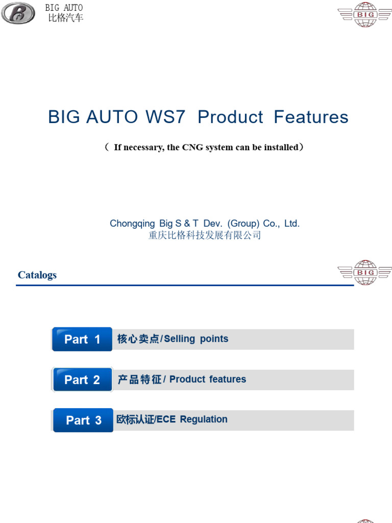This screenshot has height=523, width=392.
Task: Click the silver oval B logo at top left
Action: [18, 12]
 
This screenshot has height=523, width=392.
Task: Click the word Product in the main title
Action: [230, 117]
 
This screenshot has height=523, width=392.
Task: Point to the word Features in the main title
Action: [311, 117]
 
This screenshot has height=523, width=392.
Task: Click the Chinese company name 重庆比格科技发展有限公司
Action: [205, 235]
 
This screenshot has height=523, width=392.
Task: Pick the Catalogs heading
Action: [37, 275]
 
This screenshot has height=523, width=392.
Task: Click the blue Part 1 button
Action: [82, 339]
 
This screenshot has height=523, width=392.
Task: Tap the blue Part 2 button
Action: [82, 379]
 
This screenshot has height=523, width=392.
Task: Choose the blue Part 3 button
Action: [84, 420]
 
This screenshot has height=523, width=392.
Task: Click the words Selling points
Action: [197, 339]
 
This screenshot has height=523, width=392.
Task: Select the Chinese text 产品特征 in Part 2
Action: [139, 379]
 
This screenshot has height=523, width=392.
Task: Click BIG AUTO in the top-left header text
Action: [64, 8]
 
